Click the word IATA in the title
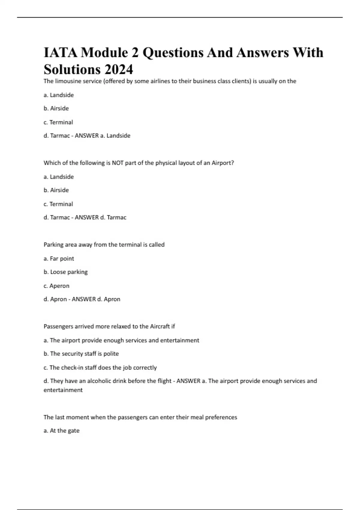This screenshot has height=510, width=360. [x=60, y=52]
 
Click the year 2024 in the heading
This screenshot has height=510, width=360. [x=119, y=69]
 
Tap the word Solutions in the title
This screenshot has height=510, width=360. [x=72, y=69]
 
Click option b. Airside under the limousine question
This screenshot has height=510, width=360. [x=56, y=108]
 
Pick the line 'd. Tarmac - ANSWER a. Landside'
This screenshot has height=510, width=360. [x=87, y=136]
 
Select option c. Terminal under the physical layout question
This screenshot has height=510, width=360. [x=58, y=204]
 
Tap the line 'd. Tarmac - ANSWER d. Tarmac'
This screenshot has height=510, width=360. [x=85, y=217]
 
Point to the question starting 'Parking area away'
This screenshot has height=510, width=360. [x=104, y=245]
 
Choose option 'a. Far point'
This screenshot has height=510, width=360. [x=59, y=259]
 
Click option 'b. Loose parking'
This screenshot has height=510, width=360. [x=66, y=272]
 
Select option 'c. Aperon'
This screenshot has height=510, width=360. [x=56, y=286]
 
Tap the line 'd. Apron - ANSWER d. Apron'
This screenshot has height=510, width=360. [x=82, y=299]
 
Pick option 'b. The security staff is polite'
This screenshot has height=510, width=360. [x=81, y=354]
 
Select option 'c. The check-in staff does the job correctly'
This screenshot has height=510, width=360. [x=100, y=367]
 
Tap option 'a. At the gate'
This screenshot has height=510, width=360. [x=61, y=431]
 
